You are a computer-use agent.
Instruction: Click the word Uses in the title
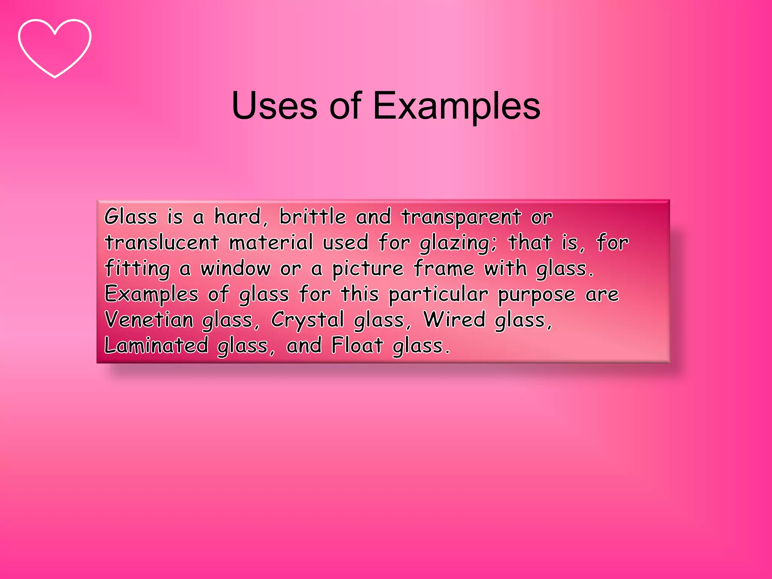point(274,106)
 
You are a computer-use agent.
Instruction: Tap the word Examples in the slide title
point(456,106)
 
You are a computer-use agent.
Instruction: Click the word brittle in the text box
point(312,217)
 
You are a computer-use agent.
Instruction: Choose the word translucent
point(162,242)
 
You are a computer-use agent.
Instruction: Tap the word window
point(235,268)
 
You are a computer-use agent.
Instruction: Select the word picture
point(368,269)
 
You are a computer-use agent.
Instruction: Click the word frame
point(444,268)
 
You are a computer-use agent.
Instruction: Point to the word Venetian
point(149,320)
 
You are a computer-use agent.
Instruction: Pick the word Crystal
point(307,320)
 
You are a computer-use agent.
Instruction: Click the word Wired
point(454,320)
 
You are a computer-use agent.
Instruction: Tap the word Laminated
point(156,345)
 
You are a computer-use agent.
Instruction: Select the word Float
point(357,345)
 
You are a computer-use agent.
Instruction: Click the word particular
point(438,295)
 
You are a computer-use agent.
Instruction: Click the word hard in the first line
point(237,217)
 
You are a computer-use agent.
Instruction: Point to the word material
point(271,242)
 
